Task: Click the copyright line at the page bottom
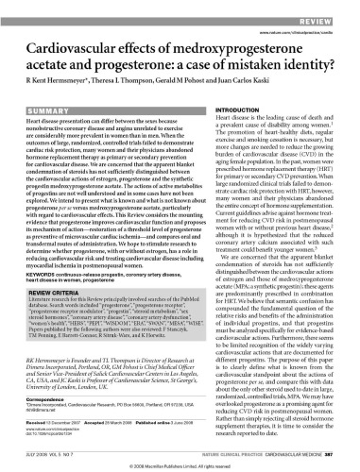click(180, 465)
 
